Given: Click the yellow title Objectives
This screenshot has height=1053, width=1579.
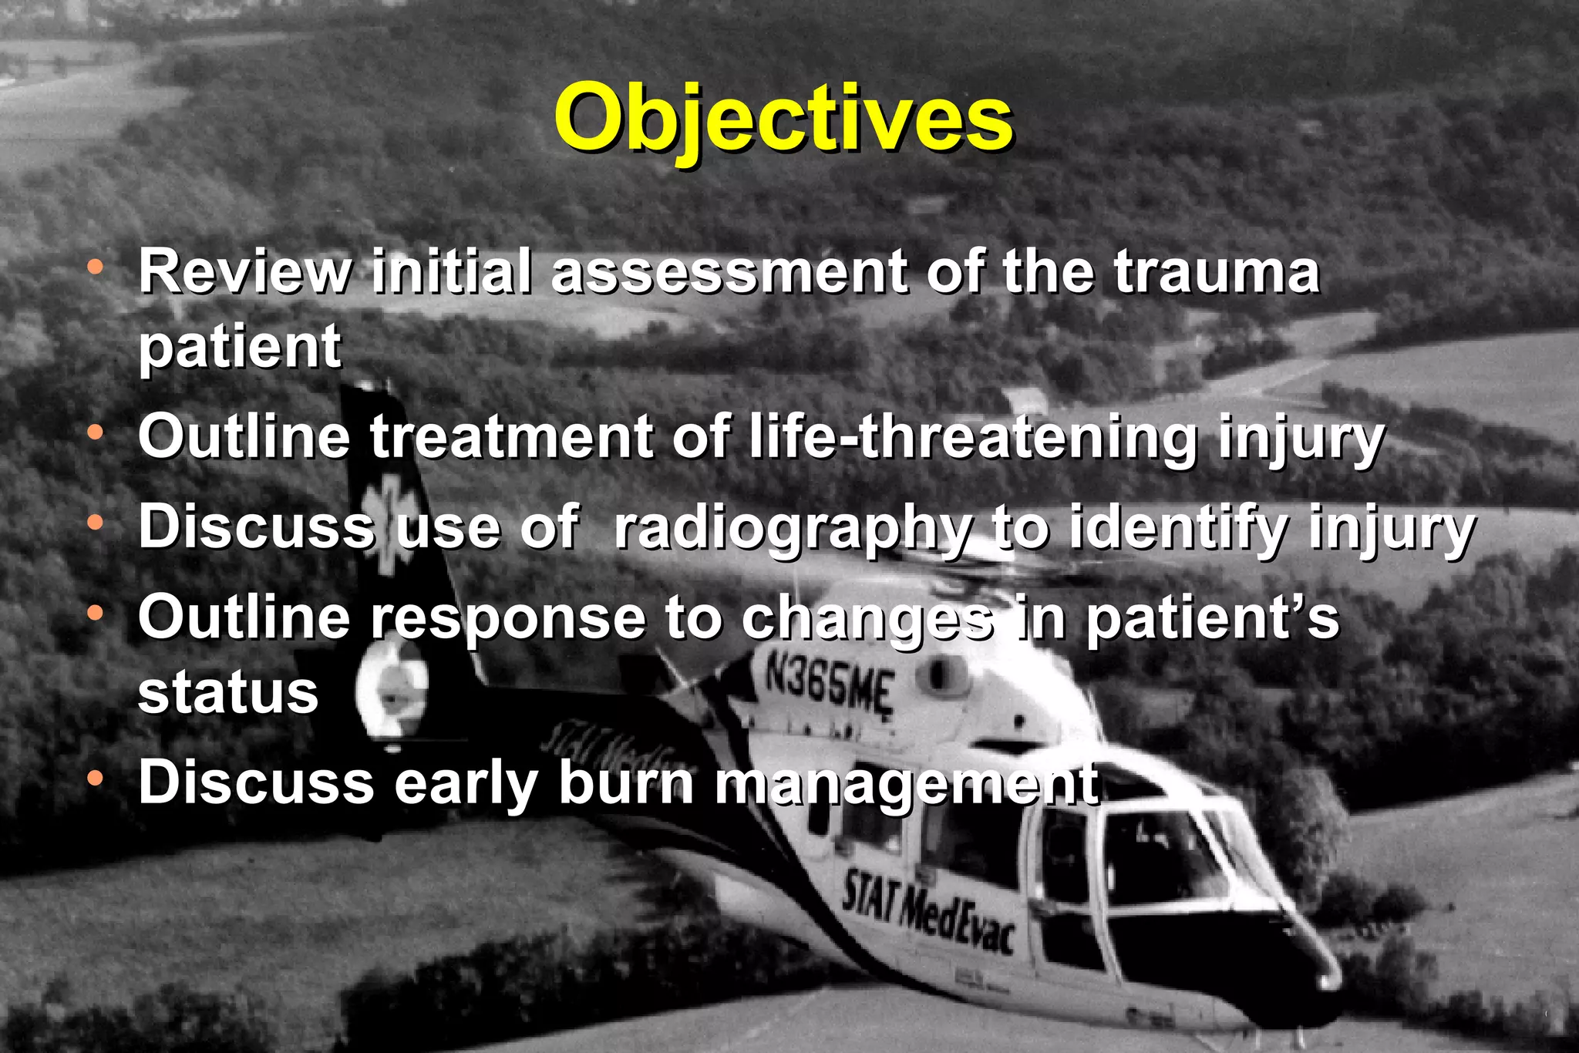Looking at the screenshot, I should pos(783,118).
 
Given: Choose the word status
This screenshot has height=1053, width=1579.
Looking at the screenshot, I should pos(227,691).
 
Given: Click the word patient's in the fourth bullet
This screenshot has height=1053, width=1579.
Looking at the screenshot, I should pos(1212,619).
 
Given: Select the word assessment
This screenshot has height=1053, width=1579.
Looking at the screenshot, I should pos(729,272).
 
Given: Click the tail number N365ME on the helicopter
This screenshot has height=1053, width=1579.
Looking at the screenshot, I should pos(829,684).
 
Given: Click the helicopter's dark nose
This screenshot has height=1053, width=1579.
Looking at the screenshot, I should pos(1280,964).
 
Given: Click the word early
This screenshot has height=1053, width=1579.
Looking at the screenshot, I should pos(466,783).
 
